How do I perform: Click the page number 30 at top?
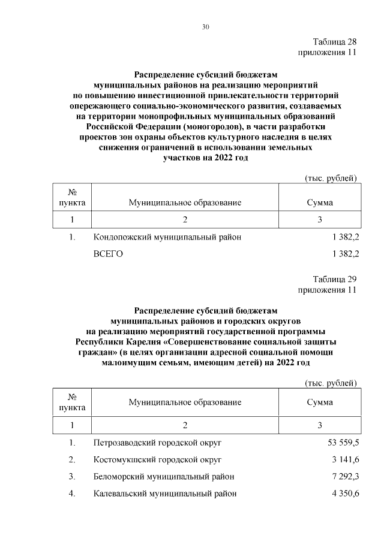pyautogui.click(x=205, y=28)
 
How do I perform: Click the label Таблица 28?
pyautogui.click(x=335, y=42)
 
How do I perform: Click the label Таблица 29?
pyautogui.click(x=335, y=280)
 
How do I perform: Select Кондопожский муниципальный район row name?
pyautogui.click(x=167, y=237)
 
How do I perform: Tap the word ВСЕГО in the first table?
pyautogui.click(x=109, y=254)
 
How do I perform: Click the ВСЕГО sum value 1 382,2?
pyautogui.click(x=345, y=254)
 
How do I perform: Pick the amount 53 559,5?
pyautogui.click(x=343, y=443)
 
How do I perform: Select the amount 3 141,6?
pyautogui.click(x=345, y=459)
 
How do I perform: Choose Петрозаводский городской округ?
pyautogui.click(x=158, y=443)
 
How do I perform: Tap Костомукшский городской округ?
pyautogui.click(x=158, y=459)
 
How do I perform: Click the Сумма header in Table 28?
pyautogui.click(x=320, y=202)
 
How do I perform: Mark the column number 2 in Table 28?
pyautogui.click(x=185, y=219)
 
